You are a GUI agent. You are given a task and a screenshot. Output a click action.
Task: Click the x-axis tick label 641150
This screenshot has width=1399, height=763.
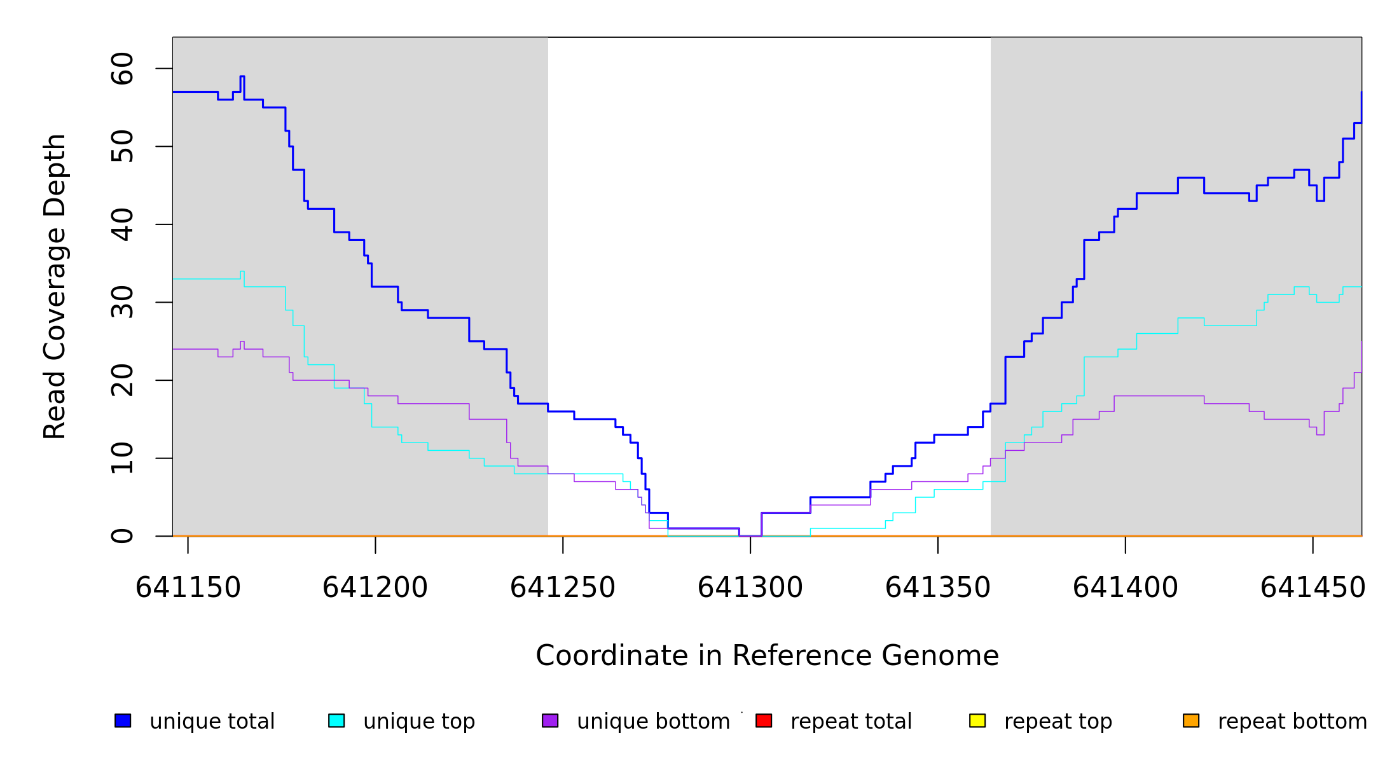click(x=188, y=588)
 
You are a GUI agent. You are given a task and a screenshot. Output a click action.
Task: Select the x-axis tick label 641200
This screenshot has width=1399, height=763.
click(x=375, y=588)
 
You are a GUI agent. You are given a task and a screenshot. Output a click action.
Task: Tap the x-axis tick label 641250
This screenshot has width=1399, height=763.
click(x=563, y=588)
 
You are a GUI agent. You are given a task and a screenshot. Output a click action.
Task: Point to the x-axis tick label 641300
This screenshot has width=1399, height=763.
click(x=750, y=588)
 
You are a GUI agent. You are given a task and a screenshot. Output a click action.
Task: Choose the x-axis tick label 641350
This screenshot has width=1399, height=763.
click(x=938, y=588)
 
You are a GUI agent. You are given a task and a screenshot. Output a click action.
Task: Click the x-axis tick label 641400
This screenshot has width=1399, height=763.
click(x=1126, y=588)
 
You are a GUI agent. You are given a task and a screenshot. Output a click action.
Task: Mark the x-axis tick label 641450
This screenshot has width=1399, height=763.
click(x=1313, y=588)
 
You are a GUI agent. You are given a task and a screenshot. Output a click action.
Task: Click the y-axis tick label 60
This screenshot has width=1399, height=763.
click(x=122, y=69)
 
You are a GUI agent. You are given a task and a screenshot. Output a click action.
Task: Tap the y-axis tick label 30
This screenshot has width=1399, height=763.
click(x=122, y=302)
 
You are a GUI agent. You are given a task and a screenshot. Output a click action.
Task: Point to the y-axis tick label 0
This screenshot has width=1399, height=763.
click(x=122, y=536)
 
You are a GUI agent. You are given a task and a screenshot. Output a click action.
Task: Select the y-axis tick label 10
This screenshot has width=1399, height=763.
click(x=122, y=458)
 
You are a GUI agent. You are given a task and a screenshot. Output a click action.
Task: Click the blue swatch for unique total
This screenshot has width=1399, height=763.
click(x=123, y=720)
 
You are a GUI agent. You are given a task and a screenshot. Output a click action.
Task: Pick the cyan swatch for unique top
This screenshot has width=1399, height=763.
click(x=336, y=720)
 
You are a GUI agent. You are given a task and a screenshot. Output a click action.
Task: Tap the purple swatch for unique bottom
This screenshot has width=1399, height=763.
click(x=550, y=720)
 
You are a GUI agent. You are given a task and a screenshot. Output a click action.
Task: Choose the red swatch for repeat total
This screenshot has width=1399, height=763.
click(x=764, y=720)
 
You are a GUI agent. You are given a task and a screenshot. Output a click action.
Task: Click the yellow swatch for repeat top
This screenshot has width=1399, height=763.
click(x=977, y=720)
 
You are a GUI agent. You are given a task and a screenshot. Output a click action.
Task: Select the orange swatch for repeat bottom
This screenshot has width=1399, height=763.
click(x=1191, y=720)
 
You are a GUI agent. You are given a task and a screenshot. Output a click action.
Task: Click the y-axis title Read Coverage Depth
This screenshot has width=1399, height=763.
click(x=55, y=286)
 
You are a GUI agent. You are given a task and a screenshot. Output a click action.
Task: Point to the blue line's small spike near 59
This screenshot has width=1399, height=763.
click(x=242, y=76)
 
